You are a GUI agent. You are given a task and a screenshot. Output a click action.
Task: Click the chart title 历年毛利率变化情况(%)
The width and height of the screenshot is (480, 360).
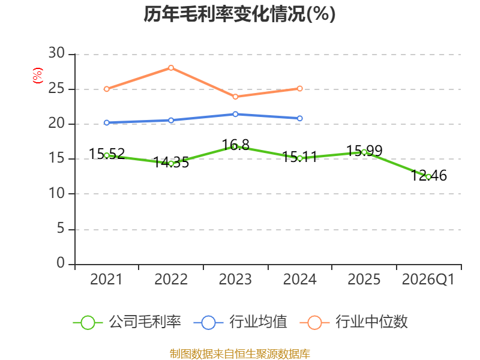[239, 14]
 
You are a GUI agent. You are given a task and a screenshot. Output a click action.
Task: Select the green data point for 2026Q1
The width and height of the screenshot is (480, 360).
[428, 177]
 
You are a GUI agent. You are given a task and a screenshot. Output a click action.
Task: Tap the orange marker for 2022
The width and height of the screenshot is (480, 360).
[171, 68]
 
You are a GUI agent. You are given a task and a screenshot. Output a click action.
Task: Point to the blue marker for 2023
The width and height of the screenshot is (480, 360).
[235, 114]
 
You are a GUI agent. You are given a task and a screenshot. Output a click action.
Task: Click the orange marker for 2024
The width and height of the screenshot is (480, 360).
[299, 88]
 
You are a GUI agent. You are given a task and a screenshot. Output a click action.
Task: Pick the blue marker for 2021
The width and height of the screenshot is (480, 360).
[107, 123]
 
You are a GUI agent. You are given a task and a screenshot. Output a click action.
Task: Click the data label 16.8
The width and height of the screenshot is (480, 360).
[235, 145]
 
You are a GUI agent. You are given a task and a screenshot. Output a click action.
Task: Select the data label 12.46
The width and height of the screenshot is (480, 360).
[428, 176]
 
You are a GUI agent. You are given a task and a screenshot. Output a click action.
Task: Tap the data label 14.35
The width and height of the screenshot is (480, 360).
[171, 163]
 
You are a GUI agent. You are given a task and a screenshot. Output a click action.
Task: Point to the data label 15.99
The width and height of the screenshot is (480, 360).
[364, 151]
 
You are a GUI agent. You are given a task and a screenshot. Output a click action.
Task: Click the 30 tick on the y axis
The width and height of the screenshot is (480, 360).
[56, 53]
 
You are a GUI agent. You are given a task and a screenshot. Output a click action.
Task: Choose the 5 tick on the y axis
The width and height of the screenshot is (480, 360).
[61, 229]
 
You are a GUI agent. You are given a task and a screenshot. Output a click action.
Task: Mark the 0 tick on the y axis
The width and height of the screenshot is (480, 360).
[61, 263]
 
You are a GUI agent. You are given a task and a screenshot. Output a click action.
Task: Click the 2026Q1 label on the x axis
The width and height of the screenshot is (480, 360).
[428, 280]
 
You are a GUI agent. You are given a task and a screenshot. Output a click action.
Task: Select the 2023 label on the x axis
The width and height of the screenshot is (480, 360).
[235, 280]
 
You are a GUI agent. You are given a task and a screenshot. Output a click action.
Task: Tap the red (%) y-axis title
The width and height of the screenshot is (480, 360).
[38, 76]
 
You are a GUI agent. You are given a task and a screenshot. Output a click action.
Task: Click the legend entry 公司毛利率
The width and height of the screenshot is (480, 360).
[127, 322]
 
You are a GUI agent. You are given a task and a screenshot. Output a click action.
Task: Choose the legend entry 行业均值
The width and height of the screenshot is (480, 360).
[241, 322]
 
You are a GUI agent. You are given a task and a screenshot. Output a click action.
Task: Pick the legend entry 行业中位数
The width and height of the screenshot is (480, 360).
[353, 322]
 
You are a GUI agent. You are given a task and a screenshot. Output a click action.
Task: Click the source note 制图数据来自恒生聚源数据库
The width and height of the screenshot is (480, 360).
[240, 354]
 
